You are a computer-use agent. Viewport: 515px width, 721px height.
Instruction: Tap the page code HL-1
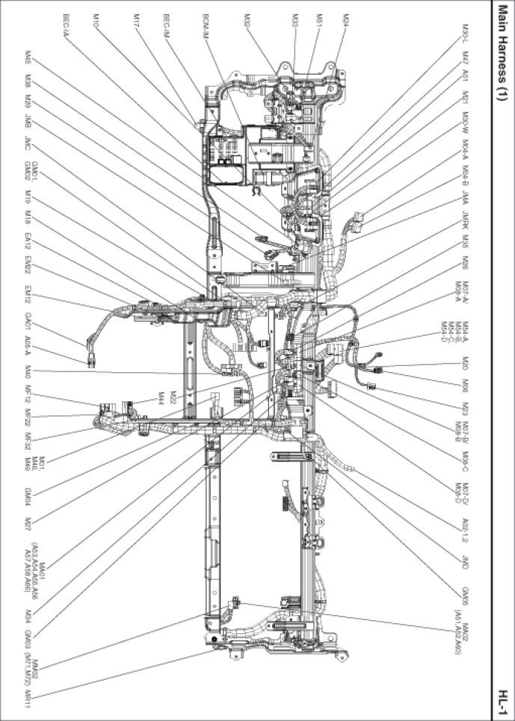click(505, 699)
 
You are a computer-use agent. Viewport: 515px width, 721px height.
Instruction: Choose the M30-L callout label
click(465, 34)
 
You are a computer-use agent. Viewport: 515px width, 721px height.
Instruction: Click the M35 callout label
click(465, 242)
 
